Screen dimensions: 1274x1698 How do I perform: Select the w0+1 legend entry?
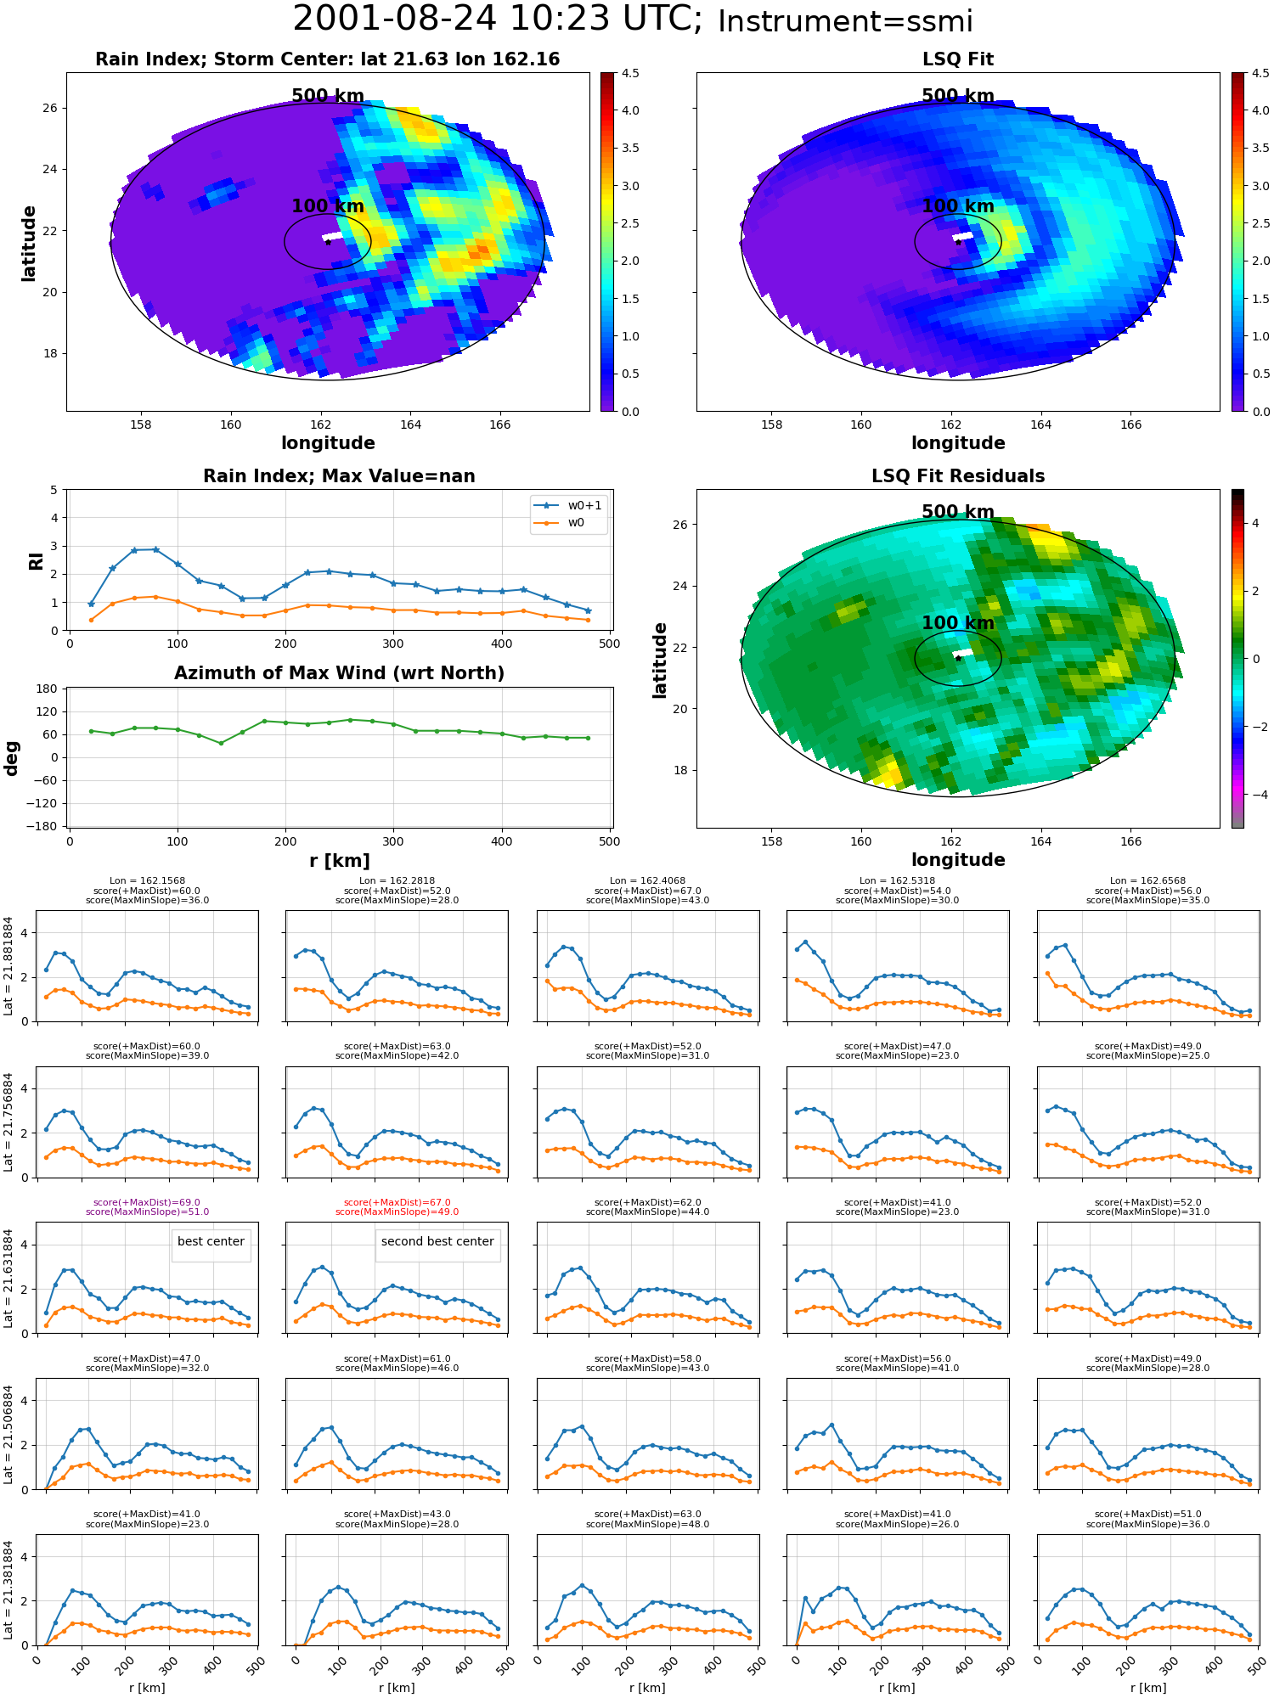568,506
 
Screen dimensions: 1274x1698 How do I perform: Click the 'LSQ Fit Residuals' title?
958,476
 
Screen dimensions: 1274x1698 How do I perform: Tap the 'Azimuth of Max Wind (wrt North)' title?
339,673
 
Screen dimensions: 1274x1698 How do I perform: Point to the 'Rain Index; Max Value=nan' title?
339,476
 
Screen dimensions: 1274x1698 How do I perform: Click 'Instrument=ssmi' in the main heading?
845,22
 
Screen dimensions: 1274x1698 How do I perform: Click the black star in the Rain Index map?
328,242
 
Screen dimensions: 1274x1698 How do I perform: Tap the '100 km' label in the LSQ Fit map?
958,206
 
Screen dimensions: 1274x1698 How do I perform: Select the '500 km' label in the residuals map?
958,512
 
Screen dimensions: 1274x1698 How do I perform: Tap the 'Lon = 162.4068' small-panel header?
647,881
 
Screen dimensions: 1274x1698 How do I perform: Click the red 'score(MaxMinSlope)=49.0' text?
397,1212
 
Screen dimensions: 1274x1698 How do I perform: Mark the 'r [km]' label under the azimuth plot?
339,861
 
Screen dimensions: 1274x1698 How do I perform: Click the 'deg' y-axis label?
12,758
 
